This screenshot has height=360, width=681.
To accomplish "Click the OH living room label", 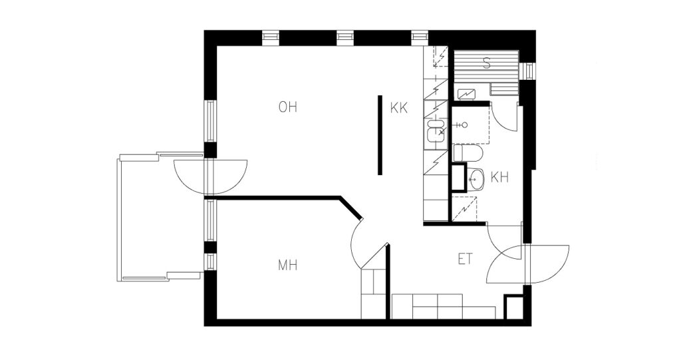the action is tap(288, 107).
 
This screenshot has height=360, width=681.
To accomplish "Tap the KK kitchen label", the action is tap(399, 108).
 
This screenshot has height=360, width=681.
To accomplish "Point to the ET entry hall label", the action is tap(465, 260).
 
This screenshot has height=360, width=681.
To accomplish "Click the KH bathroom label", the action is tap(499, 178).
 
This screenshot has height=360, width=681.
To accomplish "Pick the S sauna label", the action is tap(487, 63).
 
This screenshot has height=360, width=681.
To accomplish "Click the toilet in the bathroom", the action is tap(468, 154).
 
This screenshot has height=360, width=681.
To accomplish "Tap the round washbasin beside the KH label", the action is tap(476, 179).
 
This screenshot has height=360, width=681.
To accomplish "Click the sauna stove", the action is tap(466, 93).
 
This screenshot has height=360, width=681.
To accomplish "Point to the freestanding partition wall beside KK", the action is tap(380, 135).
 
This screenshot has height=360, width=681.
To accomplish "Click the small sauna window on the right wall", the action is tap(529, 71).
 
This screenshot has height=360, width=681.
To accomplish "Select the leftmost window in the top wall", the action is tap(270, 37).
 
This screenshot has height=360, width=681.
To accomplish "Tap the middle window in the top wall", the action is tap(345, 37).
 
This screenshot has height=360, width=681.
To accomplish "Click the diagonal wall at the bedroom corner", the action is tap(350, 209).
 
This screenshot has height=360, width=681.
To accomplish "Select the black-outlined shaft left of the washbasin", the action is tap(459, 178).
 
